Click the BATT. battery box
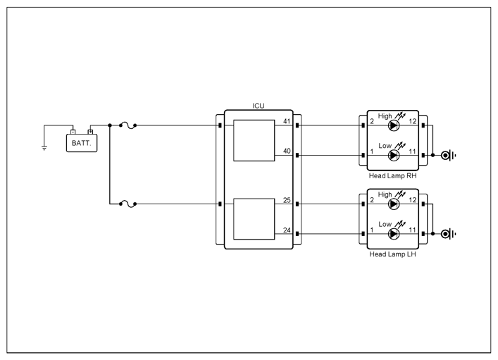coord(82,143)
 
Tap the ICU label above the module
coord(259,106)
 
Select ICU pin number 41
coord(287,121)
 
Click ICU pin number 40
coord(287,151)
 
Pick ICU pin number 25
coord(287,200)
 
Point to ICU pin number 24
coord(287,230)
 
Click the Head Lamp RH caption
coord(392,175)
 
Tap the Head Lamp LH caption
coord(392,254)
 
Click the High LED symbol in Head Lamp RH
coord(394,125)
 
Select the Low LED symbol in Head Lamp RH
coord(394,156)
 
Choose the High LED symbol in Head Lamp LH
coord(394,204)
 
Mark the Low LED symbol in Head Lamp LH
coord(394,234)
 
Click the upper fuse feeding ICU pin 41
coord(127,126)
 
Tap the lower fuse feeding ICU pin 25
coord(127,204)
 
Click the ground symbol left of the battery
coord(44,147)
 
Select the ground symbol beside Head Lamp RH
coord(448,156)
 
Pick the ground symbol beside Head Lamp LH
coord(448,234)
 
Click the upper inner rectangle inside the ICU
coord(254,140)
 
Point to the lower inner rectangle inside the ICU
coord(254,219)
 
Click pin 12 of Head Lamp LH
coord(413,200)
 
